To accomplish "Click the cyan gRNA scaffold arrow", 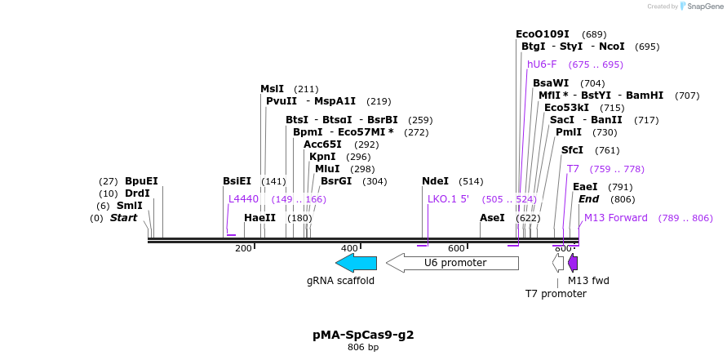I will tap(356, 263).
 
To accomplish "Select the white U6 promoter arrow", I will tap(452, 263).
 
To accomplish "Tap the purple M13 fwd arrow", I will tap(573, 263).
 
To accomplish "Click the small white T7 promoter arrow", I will tap(558, 263).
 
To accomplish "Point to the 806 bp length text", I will tap(363, 348).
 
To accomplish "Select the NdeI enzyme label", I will tap(435, 181).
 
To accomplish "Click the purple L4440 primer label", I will tap(243, 198).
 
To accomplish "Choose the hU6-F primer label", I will tap(542, 64).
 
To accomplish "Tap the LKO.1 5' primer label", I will tap(448, 198).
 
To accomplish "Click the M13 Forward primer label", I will tap(615, 218).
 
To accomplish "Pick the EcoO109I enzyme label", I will tap(543, 34).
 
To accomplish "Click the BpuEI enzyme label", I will tap(141, 181).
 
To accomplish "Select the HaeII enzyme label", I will tap(259, 218).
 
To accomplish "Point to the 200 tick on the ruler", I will tap(243, 248).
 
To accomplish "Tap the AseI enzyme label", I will tap(492, 218).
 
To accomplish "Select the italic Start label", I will tap(124, 218).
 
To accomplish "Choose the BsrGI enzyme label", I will tap(336, 181).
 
